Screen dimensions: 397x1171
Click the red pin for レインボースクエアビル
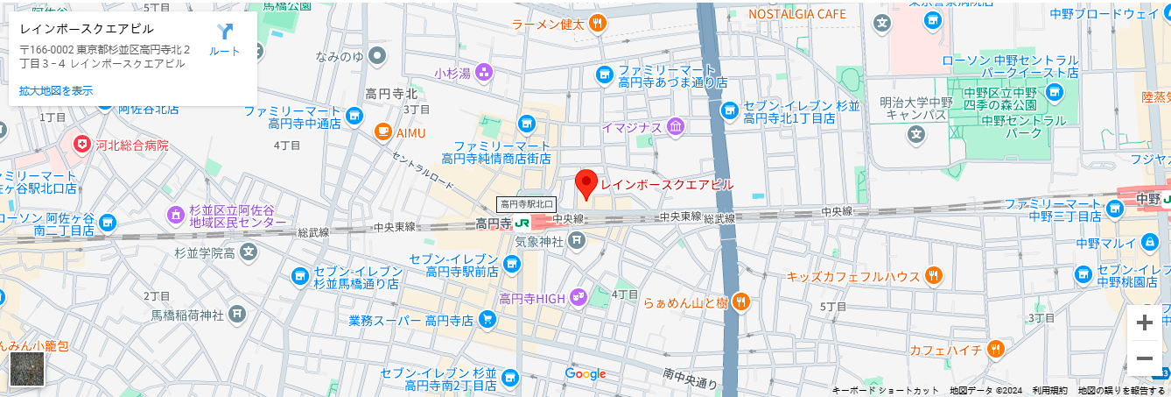point(585,184)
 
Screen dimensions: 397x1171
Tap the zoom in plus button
point(1144,323)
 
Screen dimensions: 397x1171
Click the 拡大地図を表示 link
point(56,90)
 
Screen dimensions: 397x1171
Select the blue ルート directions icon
point(225,32)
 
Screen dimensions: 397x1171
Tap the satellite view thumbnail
point(26,369)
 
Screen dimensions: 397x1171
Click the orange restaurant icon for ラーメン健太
point(598,24)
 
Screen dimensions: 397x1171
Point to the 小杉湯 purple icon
point(483,73)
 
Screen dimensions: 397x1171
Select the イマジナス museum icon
point(675,128)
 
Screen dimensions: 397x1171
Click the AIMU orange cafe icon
point(382,132)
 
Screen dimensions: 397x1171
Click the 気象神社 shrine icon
point(577,241)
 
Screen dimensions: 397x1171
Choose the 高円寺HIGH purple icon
point(578,298)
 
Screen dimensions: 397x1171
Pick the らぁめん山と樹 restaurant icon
point(741,301)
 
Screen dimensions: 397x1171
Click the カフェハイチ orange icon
point(994,351)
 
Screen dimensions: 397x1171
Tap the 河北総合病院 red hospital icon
point(81,145)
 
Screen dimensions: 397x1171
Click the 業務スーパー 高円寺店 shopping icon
point(487,320)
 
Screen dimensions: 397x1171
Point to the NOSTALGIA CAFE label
point(797,14)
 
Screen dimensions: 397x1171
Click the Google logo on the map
point(585,374)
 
